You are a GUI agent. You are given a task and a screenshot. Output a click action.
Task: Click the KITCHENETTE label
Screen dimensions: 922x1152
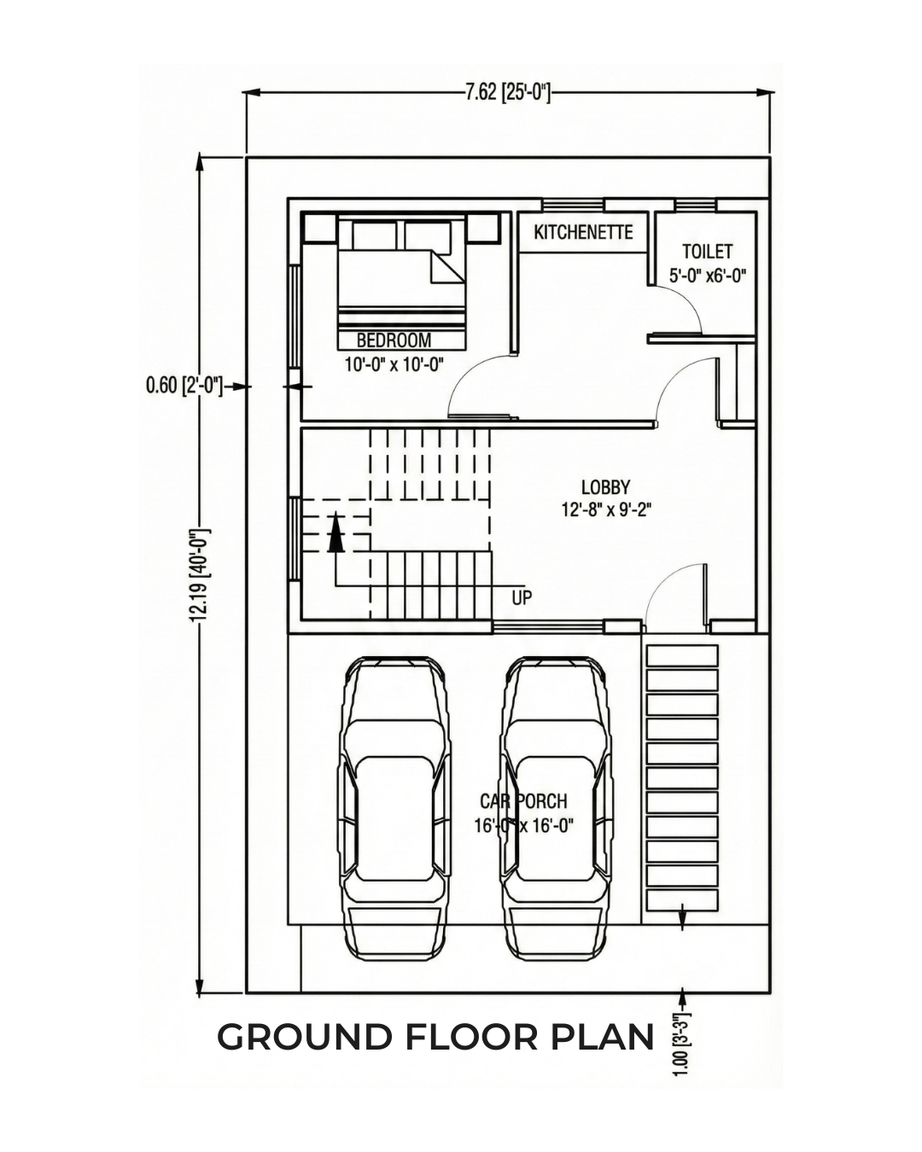coord(583,232)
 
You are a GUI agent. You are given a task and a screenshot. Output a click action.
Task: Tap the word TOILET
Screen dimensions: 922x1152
coord(707,251)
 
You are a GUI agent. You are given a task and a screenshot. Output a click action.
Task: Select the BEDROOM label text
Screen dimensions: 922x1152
coord(394,340)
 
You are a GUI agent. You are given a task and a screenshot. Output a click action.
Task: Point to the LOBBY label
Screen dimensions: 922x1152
coord(606,487)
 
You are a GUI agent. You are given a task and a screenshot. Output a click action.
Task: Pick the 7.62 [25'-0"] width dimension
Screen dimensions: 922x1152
coord(507,93)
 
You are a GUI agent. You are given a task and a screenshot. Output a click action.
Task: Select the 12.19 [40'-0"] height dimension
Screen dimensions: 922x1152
coord(200,576)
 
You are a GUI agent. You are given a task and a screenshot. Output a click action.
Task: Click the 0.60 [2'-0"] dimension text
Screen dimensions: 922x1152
coord(184,386)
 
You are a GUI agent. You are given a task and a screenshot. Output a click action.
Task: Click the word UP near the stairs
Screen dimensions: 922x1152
coord(522,598)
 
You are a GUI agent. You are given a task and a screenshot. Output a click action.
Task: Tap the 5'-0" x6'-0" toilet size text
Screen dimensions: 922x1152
coord(707,276)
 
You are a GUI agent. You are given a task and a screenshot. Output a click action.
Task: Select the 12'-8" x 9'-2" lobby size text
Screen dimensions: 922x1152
coord(606,510)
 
